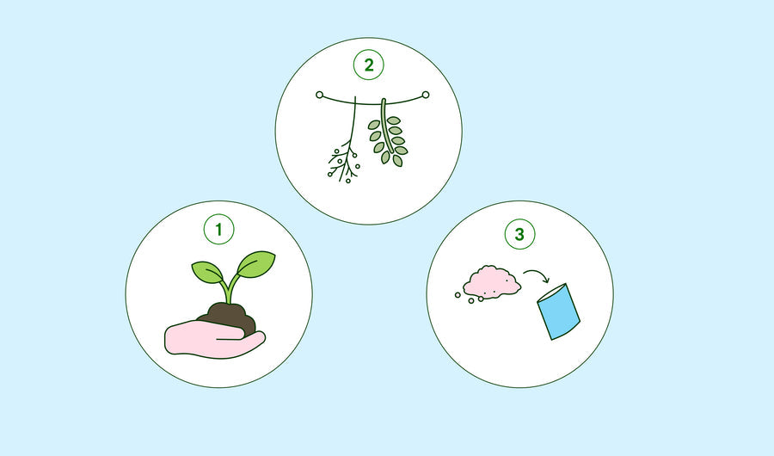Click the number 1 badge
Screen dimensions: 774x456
click(x=218, y=229)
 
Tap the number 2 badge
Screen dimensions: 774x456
click(x=369, y=65)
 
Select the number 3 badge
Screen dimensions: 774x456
click(x=519, y=234)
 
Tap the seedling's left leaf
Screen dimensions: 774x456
click(x=208, y=272)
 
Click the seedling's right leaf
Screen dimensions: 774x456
click(x=255, y=264)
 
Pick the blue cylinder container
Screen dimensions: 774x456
click(x=558, y=311)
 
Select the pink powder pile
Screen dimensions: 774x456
click(x=492, y=282)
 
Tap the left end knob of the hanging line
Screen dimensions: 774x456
click(x=319, y=95)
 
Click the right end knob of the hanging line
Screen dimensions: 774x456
click(x=426, y=95)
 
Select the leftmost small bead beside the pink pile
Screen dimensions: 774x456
click(x=458, y=295)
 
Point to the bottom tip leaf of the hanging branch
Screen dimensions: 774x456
click(x=397, y=161)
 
